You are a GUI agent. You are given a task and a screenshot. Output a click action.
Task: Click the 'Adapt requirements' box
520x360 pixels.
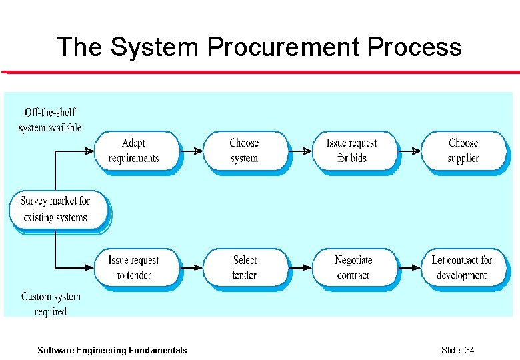[135, 151]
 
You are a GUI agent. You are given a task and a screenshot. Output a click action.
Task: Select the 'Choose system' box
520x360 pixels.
[244, 151]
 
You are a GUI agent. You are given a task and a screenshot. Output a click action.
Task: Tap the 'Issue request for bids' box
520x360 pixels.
[353, 151]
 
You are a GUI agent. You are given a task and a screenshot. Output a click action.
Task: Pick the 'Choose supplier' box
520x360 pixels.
[463, 151]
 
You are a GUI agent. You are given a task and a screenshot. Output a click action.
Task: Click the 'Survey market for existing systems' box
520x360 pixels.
[56, 209]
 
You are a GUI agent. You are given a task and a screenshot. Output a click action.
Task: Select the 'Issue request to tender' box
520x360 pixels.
[135, 267]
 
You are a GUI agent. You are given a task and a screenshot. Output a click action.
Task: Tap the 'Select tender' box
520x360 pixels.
[245, 267]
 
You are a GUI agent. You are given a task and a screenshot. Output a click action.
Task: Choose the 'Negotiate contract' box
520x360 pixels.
[353, 267]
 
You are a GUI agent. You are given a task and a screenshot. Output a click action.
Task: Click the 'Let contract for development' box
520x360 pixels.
[463, 267]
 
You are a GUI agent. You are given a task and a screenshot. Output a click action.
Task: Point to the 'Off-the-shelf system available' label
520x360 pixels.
[50, 119]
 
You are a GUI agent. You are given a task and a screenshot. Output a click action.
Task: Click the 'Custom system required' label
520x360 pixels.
[51, 303]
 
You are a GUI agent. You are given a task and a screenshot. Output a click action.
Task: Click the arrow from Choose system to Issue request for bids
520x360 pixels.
[301, 151]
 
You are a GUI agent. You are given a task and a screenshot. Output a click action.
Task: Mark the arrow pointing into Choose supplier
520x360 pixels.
[409, 151]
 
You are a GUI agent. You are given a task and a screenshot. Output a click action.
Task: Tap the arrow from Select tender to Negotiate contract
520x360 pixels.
[301, 268]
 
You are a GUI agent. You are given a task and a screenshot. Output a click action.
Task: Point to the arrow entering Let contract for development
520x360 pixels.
[409, 268]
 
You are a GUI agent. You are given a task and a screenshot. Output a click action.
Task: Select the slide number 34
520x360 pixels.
[469, 350]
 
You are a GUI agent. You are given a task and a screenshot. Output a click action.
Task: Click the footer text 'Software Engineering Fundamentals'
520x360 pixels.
[112, 350]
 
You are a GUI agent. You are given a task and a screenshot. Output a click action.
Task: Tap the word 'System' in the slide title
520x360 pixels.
[155, 47]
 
